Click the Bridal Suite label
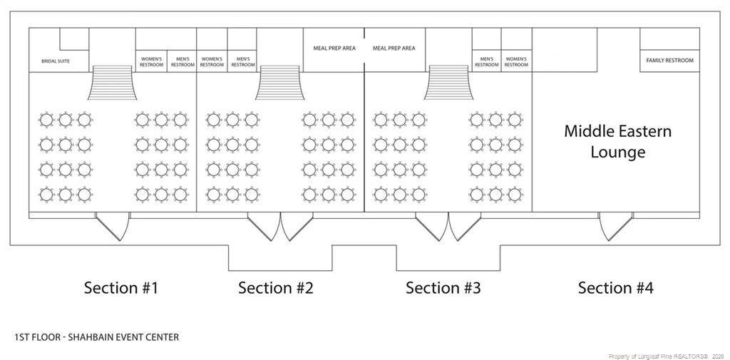click(56, 61)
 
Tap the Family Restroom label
click(669, 61)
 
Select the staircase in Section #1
click(112, 83)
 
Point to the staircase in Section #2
click(279, 83)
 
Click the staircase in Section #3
click(448, 83)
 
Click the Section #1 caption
click(121, 287)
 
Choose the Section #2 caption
click(276, 287)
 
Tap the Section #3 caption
click(443, 287)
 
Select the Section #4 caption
click(615, 287)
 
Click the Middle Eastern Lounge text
click(618, 142)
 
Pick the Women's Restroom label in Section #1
click(151, 61)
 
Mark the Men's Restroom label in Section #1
click(182, 61)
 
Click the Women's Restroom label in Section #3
click(516, 61)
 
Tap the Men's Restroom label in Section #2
click(243, 61)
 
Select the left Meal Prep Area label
click(334, 48)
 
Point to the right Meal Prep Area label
click(394, 48)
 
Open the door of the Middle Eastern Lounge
click(615, 226)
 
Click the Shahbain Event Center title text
click(96, 337)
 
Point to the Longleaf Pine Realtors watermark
click(667, 356)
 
